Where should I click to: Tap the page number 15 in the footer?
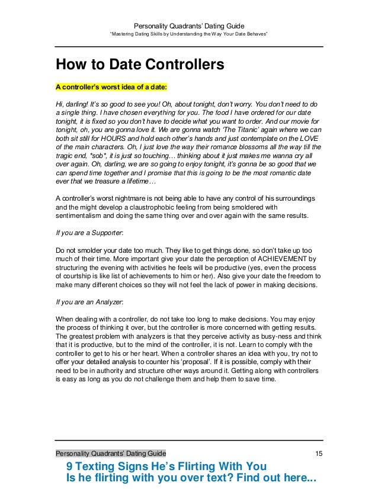(x=318, y=453)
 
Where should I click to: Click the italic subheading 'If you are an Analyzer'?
(x=89, y=303)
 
